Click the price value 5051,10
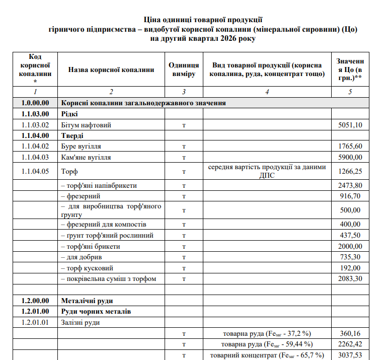(350, 125)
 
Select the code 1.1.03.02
(35, 125)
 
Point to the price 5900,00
(350, 157)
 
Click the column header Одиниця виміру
(184, 69)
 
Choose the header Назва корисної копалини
(111, 69)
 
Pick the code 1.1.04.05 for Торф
(35, 171)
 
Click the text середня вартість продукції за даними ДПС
(267, 171)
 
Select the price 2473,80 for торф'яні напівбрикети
(350, 185)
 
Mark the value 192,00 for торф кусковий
(350, 267)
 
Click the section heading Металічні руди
(87, 301)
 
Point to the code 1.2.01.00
(35, 312)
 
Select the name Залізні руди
(81, 322)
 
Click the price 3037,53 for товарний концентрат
(350, 355)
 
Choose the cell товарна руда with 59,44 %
(267, 344)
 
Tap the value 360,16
(350, 333)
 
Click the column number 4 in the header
(267, 92)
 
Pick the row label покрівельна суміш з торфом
(108, 278)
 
